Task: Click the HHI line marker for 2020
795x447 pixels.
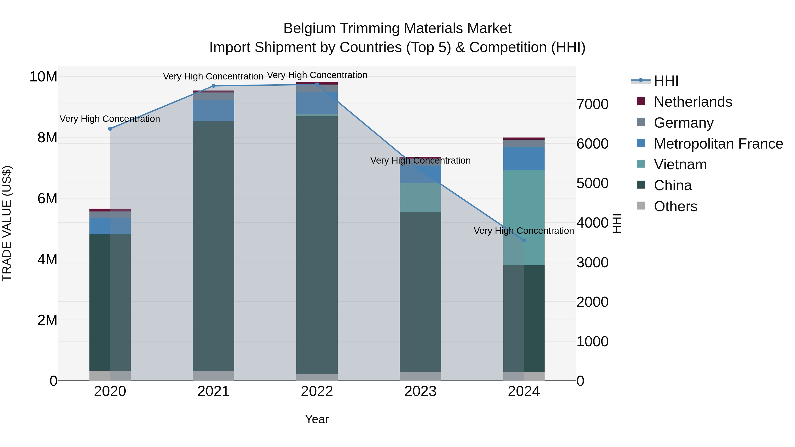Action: (x=110, y=129)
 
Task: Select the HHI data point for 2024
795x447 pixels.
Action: (x=524, y=240)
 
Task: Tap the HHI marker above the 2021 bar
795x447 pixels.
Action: (x=213, y=86)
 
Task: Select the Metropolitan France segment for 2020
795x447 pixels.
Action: (x=110, y=226)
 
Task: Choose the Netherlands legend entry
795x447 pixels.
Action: (x=693, y=102)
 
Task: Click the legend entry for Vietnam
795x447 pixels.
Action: (x=680, y=164)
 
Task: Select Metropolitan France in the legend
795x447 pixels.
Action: (x=718, y=144)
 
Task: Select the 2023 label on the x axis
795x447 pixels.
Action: (x=420, y=391)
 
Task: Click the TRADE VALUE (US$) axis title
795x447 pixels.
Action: (x=7, y=223)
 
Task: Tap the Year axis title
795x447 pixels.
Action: (x=317, y=419)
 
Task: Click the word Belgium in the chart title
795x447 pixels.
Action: (x=310, y=28)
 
